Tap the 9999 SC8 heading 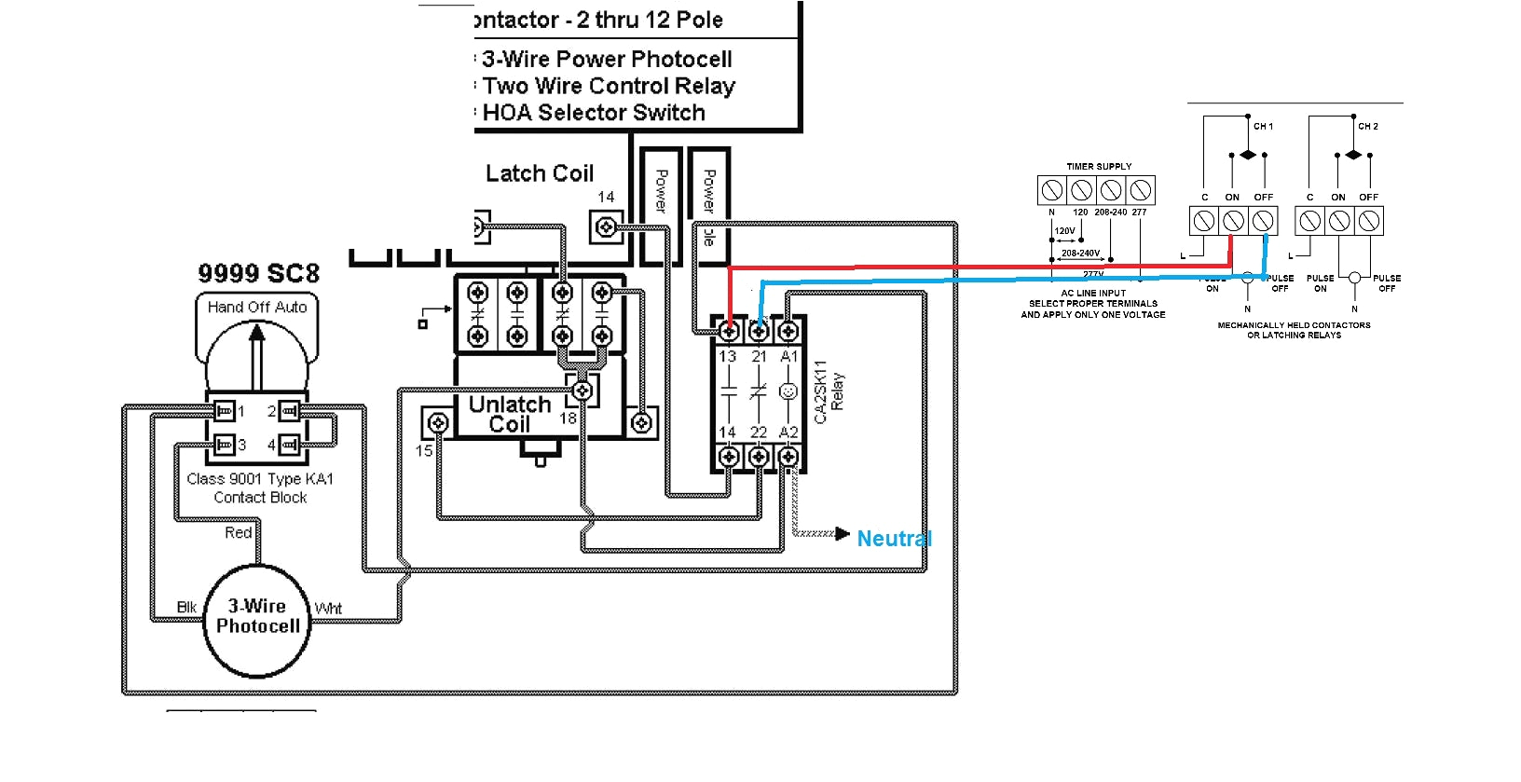(x=258, y=273)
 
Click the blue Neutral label (x=894, y=539)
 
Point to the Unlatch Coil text (x=510, y=415)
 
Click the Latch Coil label (x=540, y=173)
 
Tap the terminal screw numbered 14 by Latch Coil (x=606, y=226)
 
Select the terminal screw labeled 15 (x=437, y=424)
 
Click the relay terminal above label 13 (x=730, y=330)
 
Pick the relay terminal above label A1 (x=788, y=330)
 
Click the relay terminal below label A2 (x=788, y=457)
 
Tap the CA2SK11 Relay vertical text (x=829, y=391)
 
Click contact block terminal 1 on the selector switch (x=223, y=411)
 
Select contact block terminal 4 (x=290, y=445)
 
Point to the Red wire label (x=239, y=532)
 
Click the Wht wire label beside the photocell (x=328, y=609)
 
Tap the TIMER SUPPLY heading (x=1099, y=167)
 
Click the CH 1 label (x=1263, y=126)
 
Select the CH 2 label (x=1367, y=126)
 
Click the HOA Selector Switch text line (x=594, y=113)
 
